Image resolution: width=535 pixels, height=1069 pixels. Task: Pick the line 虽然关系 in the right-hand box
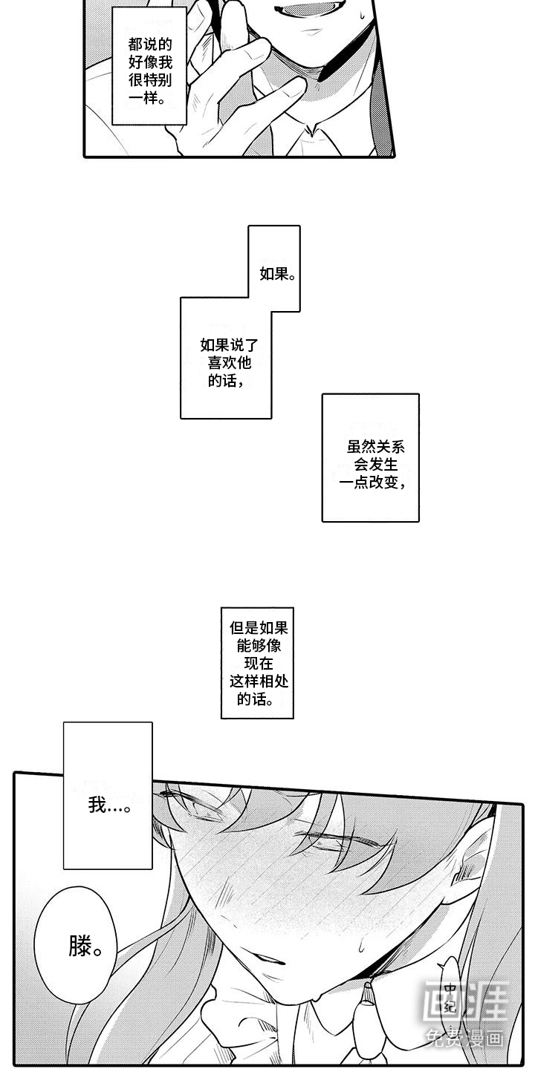pyautogui.click(x=375, y=447)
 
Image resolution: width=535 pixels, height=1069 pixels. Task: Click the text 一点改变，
pyautogui.click(x=374, y=483)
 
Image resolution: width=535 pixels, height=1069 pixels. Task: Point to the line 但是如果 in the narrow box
pyautogui.click(x=258, y=628)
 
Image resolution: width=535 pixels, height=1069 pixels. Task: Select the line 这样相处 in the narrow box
pyautogui.click(x=258, y=681)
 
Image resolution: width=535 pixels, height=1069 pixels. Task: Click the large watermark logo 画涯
pyautogui.click(x=464, y=1001)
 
